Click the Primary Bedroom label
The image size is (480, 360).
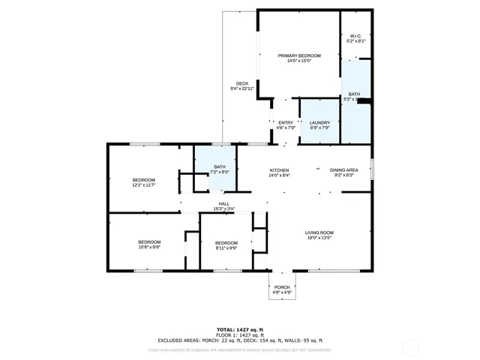click(x=299, y=56)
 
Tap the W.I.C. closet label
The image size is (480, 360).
click(x=355, y=37)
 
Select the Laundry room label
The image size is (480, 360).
click(x=319, y=123)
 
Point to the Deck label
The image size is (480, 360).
click(x=241, y=83)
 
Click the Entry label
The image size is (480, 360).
click(x=286, y=123)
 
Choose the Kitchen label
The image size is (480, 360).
click(x=280, y=170)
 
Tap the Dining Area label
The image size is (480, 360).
click(x=344, y=170)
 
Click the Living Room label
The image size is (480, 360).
click(x=319, y=233)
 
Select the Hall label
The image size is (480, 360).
click(x=223, y=203)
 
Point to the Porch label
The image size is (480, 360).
click(x=282, y=287)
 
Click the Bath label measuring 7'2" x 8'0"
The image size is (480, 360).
click(x=220, y=166)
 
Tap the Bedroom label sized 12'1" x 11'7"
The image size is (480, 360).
click(x=144, y=180)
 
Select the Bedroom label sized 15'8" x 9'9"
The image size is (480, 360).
click(x=149, y=241)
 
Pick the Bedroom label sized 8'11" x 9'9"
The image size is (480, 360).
click(x=226, y=243)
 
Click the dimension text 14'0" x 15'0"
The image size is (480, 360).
click(x=299, y=61)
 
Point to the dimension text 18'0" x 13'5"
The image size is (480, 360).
click(x=319, y=238)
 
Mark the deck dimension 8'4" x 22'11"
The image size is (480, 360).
click(x=241, y=88)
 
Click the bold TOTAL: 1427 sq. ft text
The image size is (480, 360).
click(x=240, y=329)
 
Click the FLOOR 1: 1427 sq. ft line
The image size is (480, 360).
click(x=240, y=334)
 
